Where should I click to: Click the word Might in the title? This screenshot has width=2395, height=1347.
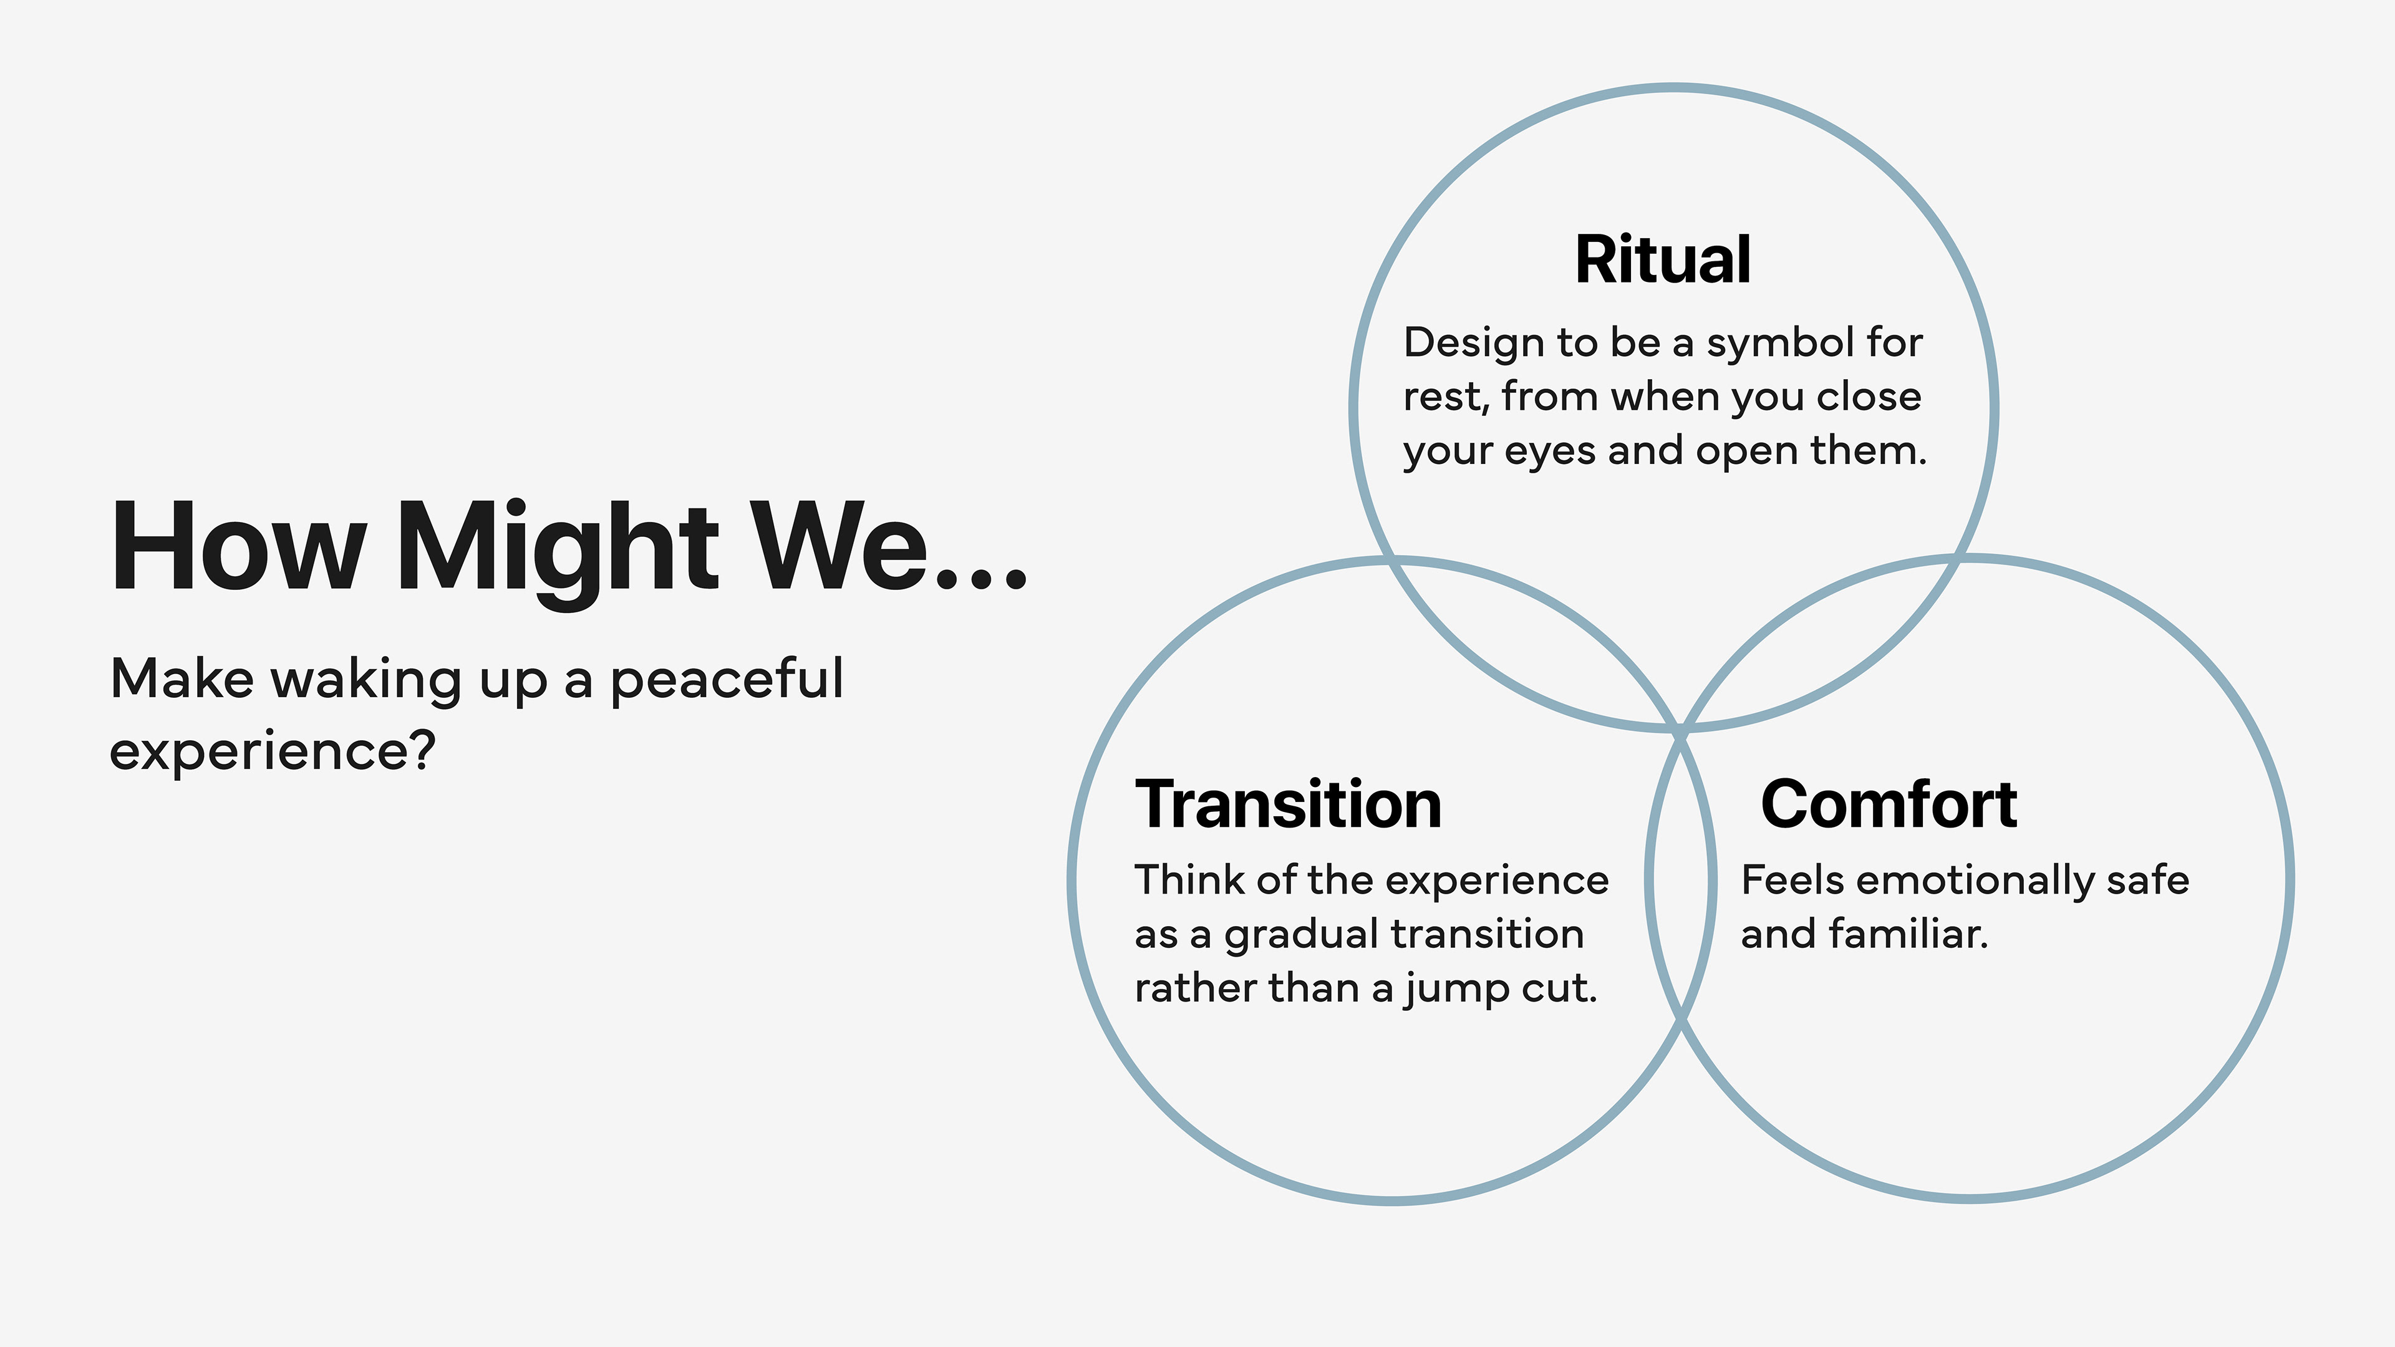(x=558, y=549)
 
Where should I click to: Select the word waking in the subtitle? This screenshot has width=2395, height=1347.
(x=366, y=680)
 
